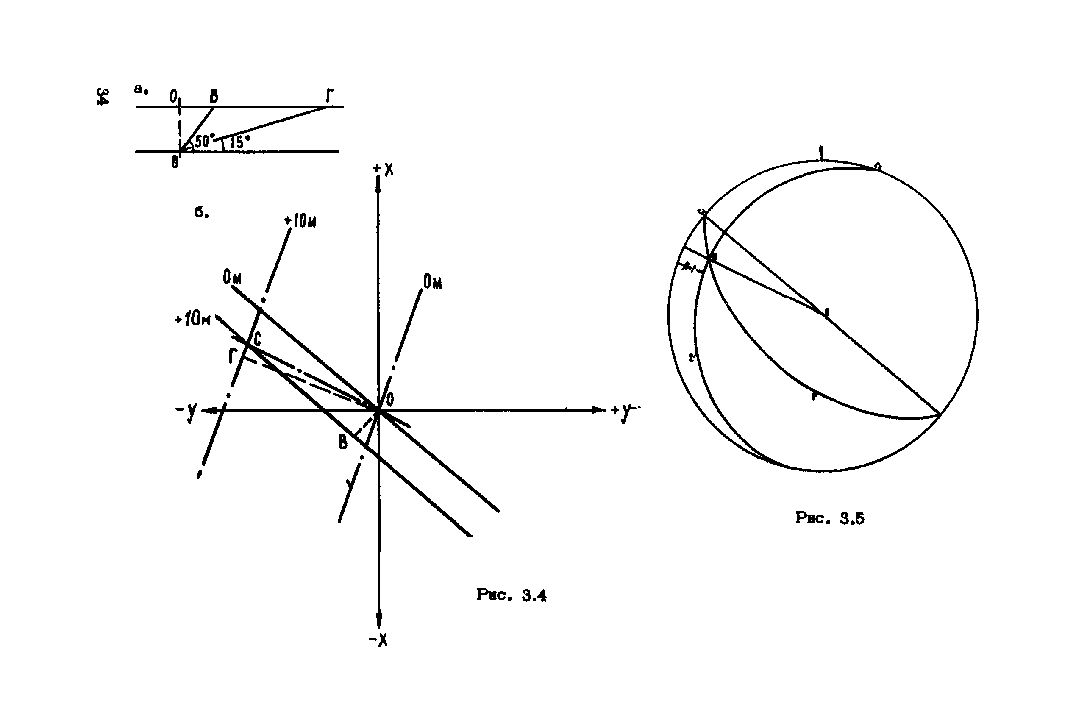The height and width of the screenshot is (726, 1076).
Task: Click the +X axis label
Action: (x=384, y=170)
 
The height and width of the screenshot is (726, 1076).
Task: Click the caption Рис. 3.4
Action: (x=511, y=595)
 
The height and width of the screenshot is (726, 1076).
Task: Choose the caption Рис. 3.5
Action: (x=829, y=517)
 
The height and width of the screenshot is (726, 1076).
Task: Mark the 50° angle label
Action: (x=204, y=141)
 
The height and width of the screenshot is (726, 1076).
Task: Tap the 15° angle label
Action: (x=239, y=142)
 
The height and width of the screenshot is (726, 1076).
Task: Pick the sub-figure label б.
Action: (x=201, y=212)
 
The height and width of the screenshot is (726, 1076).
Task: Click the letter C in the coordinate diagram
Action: (x=257, y=339)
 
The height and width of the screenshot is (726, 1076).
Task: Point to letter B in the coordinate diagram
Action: (x=342, y=442)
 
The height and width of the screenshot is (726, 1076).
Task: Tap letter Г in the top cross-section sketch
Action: (x=329, y=96)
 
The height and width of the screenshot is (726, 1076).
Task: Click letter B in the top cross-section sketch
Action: (x=214, y=96)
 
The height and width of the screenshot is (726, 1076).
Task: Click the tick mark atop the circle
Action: (x=821, y=152)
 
